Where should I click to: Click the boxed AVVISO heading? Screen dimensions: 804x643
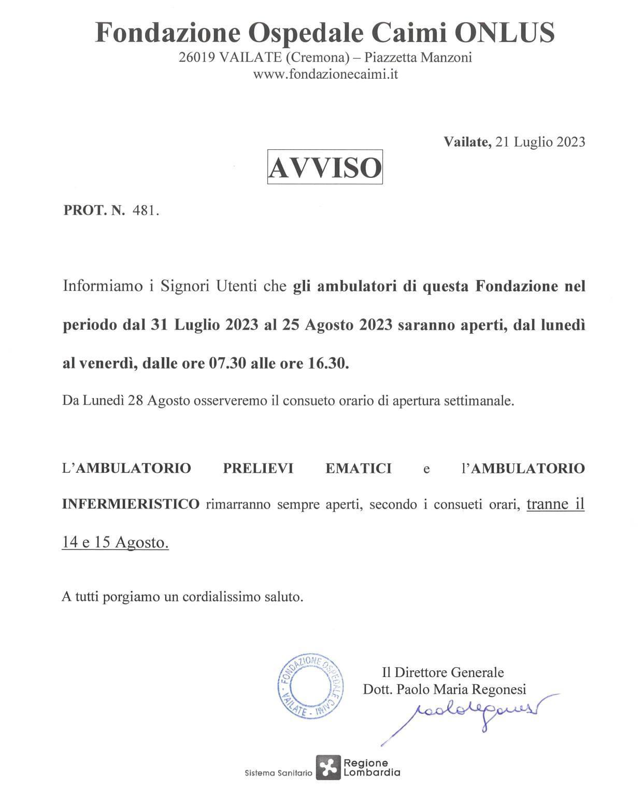pyautogui.click(x=325, y=167)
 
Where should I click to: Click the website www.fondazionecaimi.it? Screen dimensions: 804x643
pyautogui.click(x=325, y=74)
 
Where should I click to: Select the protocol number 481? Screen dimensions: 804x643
pyautogui.click(x=145, y=210)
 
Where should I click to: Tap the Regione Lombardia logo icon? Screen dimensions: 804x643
pyautogui.click(x=328, y=767)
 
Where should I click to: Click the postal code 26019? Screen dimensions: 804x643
pyautogui.click(x=196, y=58)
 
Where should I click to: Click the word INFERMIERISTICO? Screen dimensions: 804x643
pyautogui.click(x=131, y=503)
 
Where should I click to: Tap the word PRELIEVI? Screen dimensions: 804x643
pyautogui.click(x=258, y=468)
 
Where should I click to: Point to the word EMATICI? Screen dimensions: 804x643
pyautogui.click(x=358, y=468)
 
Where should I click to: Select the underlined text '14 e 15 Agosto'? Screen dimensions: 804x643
pyautogui.click(x=115, y=542)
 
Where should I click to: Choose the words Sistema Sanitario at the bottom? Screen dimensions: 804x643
pyautogui.click(x=278, y=773)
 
